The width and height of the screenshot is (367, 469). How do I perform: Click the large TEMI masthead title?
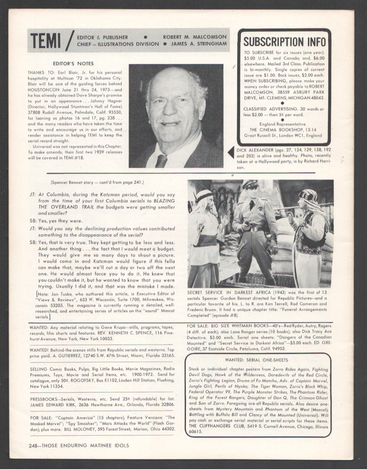46,40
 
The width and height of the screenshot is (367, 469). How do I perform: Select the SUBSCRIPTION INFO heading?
284,42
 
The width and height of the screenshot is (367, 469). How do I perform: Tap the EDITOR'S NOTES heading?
73,64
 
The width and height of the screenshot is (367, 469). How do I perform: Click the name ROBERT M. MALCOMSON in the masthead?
195,37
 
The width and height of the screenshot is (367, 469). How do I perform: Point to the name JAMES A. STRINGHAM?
199,44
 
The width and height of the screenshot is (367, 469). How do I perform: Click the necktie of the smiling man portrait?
162,161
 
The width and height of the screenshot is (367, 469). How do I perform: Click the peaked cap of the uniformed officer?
250,185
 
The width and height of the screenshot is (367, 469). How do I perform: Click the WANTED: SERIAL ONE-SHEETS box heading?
258,360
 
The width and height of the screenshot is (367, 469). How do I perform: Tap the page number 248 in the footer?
35,445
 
